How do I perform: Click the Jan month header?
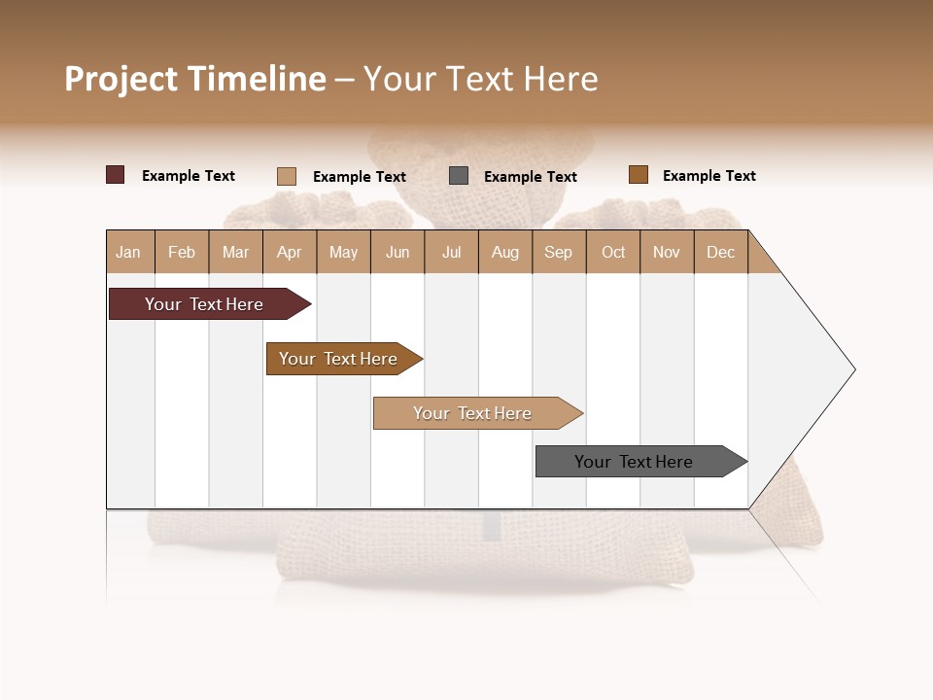point(128,252)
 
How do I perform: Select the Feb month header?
point(182,252)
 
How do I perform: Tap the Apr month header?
point(289,252)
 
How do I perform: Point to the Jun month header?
point(397,252)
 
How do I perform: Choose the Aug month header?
point(504,252)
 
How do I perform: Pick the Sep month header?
point(558,252)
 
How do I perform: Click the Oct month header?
point(613,252)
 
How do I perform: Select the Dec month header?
point(720,252)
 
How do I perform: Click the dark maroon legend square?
point(115,175)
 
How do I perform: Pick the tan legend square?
point(286,176)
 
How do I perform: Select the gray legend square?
point(459,175)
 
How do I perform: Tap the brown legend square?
point(638,175)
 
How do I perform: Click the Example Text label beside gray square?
point(531,176)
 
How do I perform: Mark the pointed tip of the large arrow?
point(853,369)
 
